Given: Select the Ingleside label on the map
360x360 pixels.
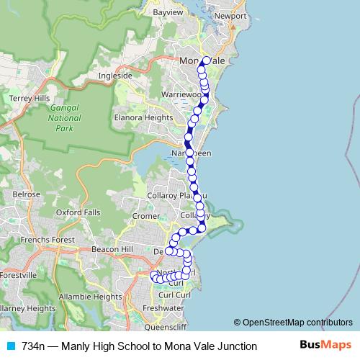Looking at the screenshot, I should tap(115, 75).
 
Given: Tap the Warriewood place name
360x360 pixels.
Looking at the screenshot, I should tap(184, 94).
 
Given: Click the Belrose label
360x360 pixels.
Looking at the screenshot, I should tap(27, 194).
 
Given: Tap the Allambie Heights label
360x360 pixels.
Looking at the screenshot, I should tap(90, 296).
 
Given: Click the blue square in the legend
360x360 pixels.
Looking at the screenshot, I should tap(10, 346).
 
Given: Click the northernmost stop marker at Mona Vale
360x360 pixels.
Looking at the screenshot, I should tap(207, 60).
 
